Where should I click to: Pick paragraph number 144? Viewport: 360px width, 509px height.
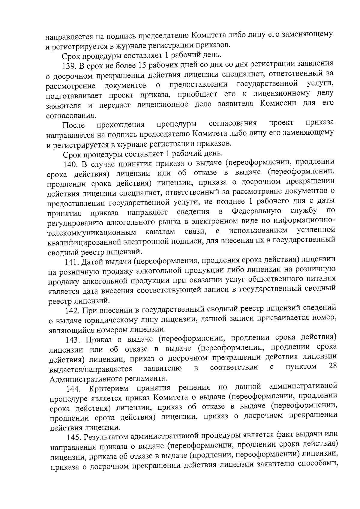(74, 389)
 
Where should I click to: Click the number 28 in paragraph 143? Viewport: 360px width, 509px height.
(332, 366)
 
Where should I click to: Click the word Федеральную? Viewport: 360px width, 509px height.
(257, 212)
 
